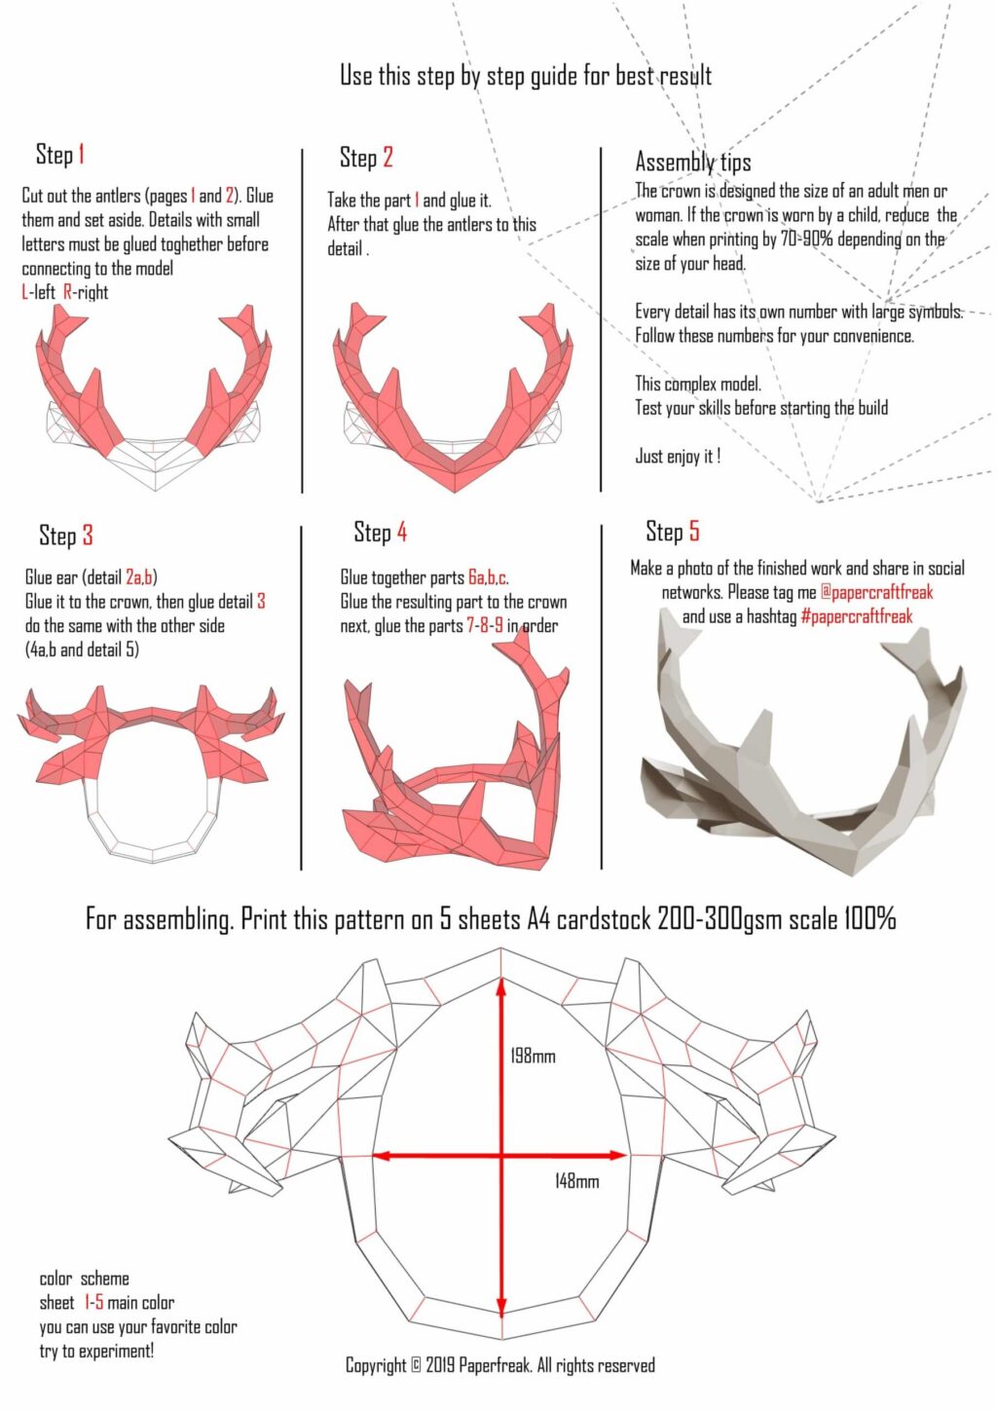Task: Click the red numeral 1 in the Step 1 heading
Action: click(x=81, y=154)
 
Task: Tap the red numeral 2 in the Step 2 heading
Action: click(x=388, y=157)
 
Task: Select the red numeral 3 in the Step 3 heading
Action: click(x=88, y=535)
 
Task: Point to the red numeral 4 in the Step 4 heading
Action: click(x=401, y=533)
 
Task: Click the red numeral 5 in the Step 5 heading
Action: click(x=693, y=531)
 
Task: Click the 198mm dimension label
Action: click(x=533, y=1056)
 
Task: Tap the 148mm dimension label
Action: click(x=576, y=1181)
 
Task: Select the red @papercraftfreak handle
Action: click(x=876, y=592)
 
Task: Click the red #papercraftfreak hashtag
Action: click(x=856, y=616)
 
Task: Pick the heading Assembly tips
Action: click(x=693, y=162)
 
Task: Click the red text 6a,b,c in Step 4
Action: click(x=488, y=577)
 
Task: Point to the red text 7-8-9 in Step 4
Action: click(x=485, y=626)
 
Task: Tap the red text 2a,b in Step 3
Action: click(x=139, y=576)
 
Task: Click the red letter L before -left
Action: click(x=24, y=292)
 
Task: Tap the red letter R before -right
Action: click(x=67, y=292)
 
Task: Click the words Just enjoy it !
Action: click(x=678, y=456)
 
